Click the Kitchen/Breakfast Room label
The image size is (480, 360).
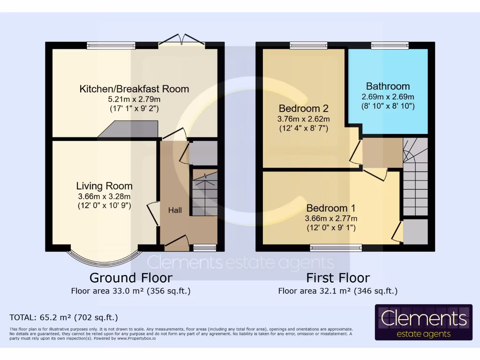point(134,89)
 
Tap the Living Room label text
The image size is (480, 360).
point(104,186)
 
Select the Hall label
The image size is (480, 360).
point(175,210)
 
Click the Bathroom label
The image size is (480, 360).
point(388,86)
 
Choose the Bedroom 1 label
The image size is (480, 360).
point(331,208)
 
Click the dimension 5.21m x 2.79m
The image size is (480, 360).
point(134,99)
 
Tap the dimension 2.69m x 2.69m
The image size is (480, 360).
point(388,97)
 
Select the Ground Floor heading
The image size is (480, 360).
point(131,278)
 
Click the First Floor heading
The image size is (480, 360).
point(337,278)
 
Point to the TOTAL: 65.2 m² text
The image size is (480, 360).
point(64,317)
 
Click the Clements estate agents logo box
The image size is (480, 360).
point(423,322)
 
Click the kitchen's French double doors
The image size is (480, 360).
point(181,42)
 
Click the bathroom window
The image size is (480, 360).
point(390,45)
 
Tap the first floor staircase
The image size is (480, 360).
point(415,178)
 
